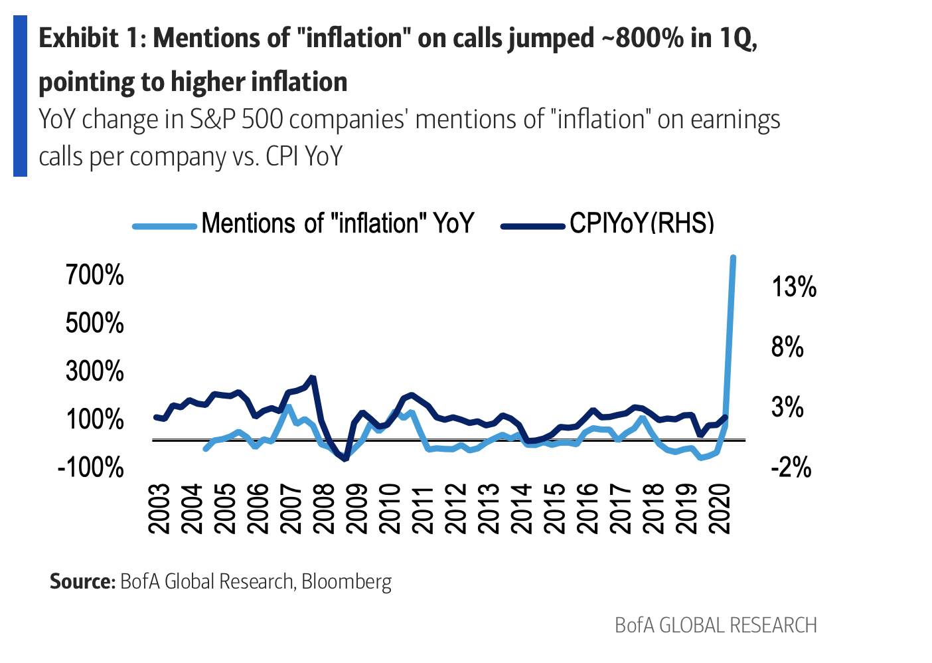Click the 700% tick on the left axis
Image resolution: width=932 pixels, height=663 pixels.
click(94, 274)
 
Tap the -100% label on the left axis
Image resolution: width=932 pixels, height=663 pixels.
click(91, 467)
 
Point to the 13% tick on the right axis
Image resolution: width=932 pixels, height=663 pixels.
click(794, 287)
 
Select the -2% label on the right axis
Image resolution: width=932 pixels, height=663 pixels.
click(791, 467)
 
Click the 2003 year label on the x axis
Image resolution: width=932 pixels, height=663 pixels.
click(160, 508)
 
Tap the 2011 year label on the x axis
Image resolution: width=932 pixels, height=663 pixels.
click(423, 508)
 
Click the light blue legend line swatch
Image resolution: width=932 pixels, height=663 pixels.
click(165, 226)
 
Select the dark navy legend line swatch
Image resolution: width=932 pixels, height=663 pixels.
click(532, 226)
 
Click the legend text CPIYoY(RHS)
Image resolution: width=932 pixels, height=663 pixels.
click(641, 224)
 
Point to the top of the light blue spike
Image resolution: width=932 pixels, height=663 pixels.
click(733, 257)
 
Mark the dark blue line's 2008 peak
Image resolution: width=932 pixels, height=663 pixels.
click(313, 378)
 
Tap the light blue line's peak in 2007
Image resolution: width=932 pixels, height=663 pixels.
click(289, 407)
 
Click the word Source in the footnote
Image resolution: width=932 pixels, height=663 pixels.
click(83, 581)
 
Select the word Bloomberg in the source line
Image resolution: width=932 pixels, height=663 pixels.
click(347, 582)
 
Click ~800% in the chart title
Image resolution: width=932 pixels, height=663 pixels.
click(642, 39)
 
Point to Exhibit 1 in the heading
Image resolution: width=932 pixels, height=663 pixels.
click(91, 39)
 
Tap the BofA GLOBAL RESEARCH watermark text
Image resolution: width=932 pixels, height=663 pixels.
click(716, 625)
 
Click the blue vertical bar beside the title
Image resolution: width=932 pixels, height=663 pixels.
click(20, 96)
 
